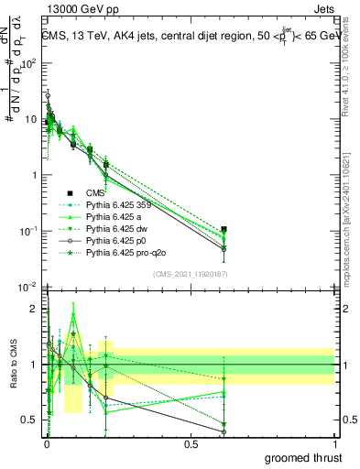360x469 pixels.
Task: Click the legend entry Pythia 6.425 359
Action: click(x=120, y=205)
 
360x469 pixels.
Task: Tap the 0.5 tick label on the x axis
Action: click(x=191, y=442)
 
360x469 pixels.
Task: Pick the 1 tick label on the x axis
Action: click(x=334, y=442)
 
